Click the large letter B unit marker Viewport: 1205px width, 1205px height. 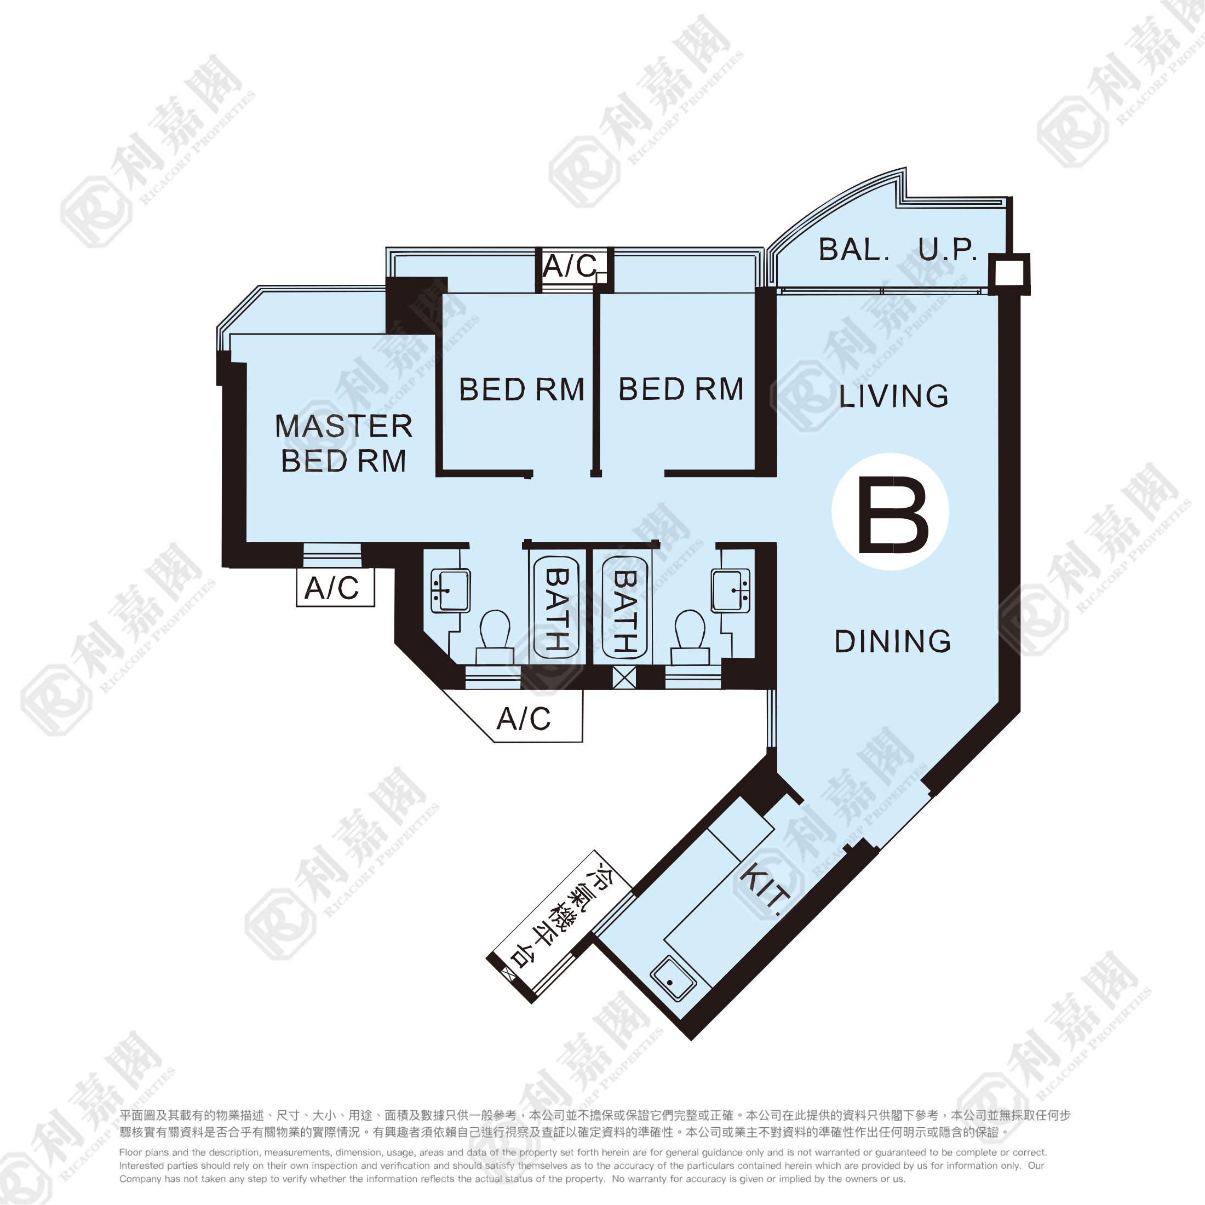click(x=893, y=515)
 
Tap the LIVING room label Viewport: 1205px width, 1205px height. click(x=893, y=396)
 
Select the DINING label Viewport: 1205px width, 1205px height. click(x=893, y=641)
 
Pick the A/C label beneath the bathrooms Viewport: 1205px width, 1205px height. click(x=523, y=719)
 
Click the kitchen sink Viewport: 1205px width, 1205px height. click(x=673, y=979)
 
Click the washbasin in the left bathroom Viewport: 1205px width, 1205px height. click(x=450, y=590)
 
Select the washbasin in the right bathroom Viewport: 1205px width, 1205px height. click(x=731, y=590)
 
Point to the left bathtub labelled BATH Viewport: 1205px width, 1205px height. click(x=556, y=607)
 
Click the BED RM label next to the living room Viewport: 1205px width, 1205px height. click(x=681, y=389)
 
